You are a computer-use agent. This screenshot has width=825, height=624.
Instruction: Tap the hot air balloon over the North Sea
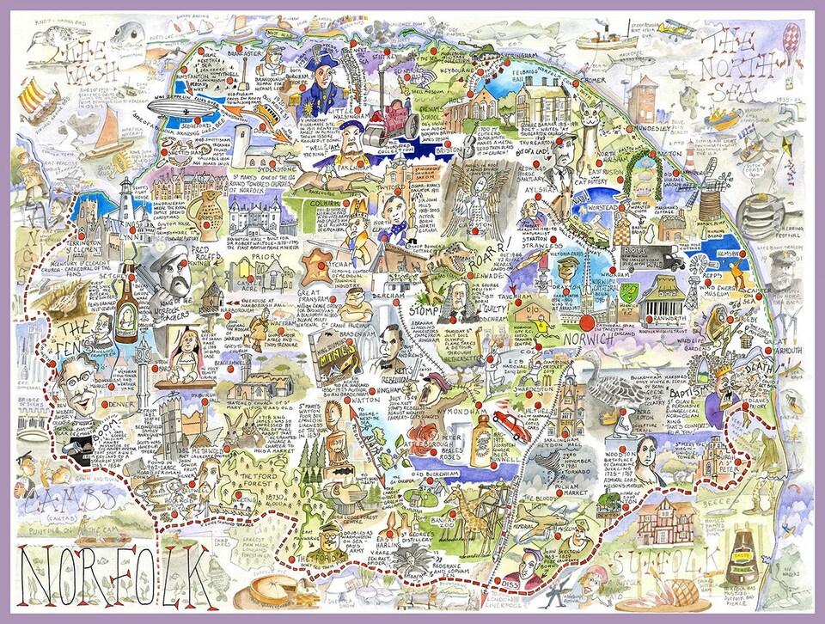[791, 42]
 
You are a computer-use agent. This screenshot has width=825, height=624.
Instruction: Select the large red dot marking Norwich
[588, 322]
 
